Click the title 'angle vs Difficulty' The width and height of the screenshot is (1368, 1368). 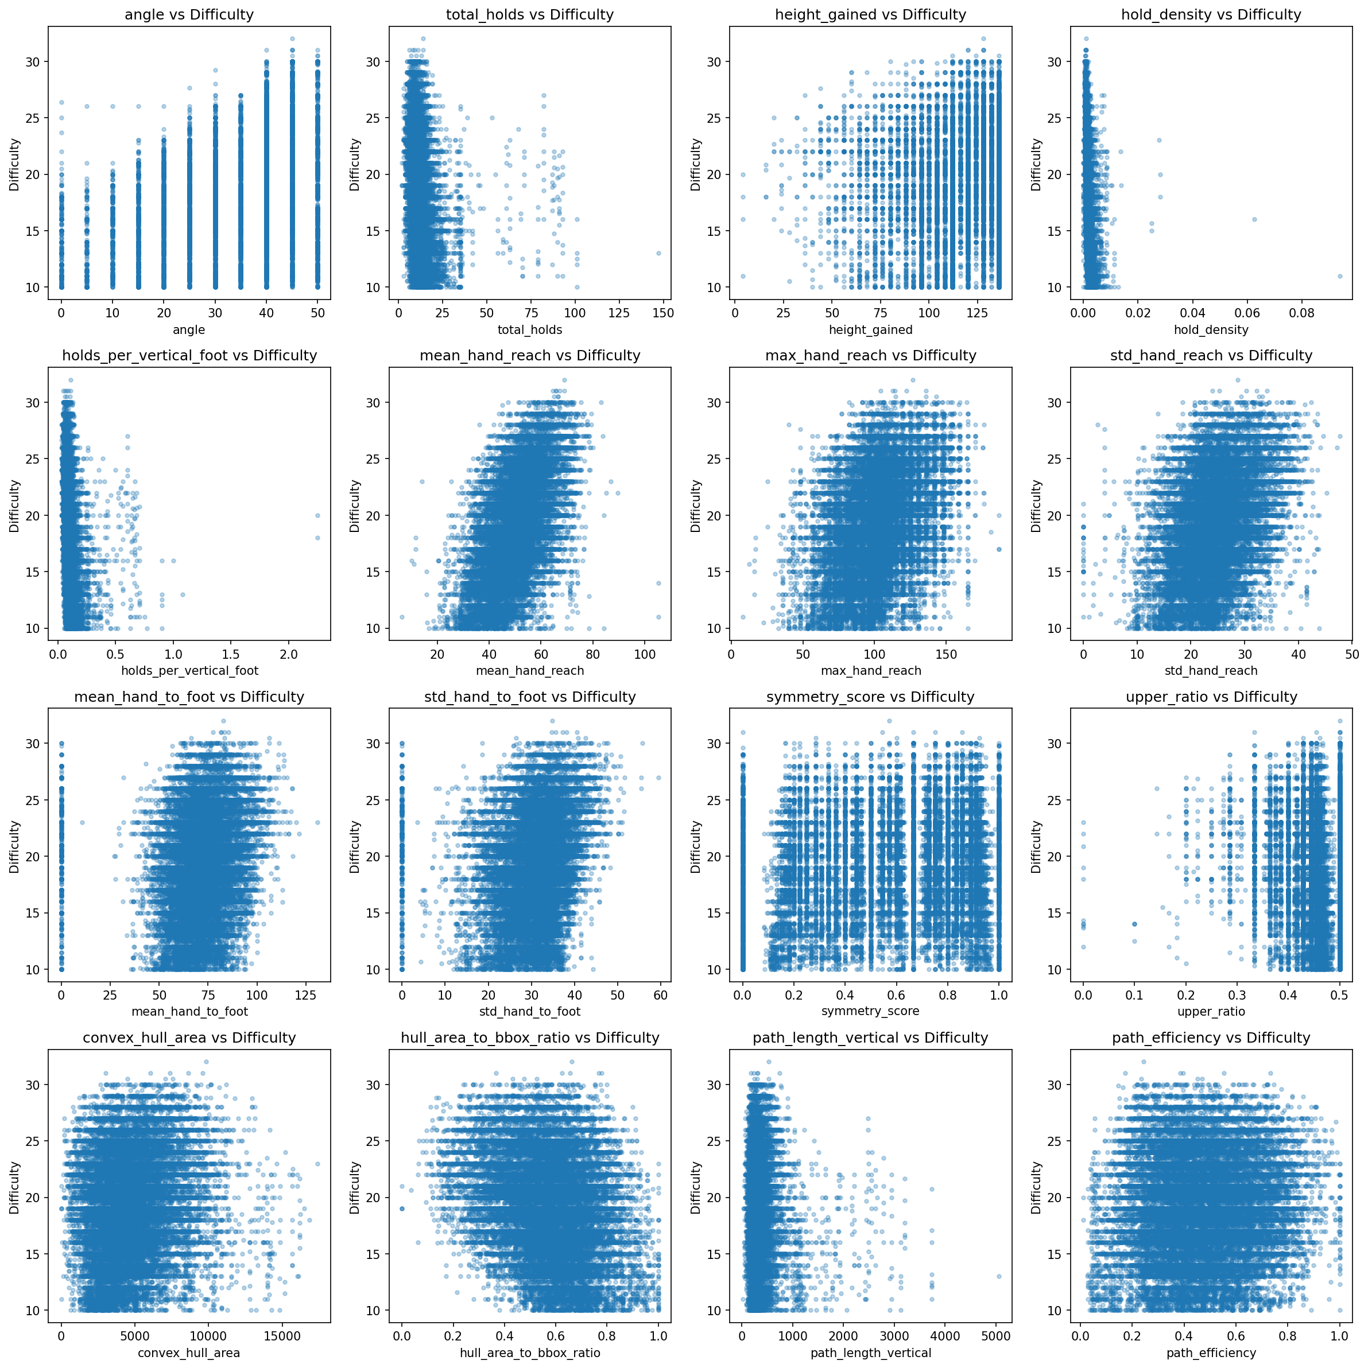188,14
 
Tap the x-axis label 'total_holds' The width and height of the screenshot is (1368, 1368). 530,329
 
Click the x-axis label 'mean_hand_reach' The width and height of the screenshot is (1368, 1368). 530,671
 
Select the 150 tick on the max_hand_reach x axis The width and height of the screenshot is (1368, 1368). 947,654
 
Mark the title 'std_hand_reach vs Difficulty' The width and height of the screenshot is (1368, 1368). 1211,355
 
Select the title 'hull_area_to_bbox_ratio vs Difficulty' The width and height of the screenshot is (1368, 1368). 530,1037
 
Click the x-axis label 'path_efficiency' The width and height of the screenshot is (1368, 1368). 1211,1353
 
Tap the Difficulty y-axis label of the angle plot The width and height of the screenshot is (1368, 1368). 15,164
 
